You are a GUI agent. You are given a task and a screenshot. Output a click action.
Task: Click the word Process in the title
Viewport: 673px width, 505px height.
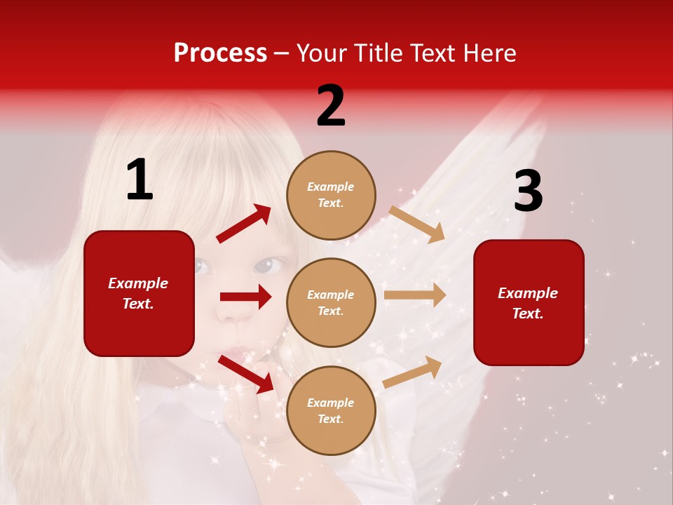[220, 53]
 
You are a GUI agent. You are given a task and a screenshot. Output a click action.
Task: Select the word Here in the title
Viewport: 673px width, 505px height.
[488, 53]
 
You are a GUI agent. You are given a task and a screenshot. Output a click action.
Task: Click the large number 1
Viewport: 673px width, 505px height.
[140, 180]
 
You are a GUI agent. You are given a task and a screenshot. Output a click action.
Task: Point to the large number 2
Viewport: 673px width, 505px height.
[331, 107]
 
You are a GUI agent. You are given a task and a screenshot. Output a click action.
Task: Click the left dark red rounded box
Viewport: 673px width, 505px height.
[139, 293]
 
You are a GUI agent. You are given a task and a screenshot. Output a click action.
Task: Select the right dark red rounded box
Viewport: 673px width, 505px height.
[529, 303]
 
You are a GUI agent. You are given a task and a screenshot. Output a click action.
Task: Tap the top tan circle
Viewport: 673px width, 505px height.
[331, 195]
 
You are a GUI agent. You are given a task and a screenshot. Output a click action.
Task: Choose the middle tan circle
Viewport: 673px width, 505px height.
[331, 303]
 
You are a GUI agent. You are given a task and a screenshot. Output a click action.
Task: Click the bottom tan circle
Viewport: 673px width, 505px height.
[331, 411]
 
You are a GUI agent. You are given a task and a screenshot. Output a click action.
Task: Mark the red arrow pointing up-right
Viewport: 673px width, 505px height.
[244, 223]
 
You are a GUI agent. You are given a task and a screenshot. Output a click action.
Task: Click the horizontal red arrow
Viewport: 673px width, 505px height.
[245, 297]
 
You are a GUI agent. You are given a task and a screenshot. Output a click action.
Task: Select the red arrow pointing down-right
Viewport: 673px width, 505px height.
[245, 373]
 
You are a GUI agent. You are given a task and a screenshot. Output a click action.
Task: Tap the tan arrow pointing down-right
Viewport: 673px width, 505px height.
[417, 224]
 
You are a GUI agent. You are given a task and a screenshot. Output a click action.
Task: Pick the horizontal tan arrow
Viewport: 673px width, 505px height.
[415, 295]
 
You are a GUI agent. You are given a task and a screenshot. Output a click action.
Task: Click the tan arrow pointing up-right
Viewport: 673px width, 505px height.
[413, 372]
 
